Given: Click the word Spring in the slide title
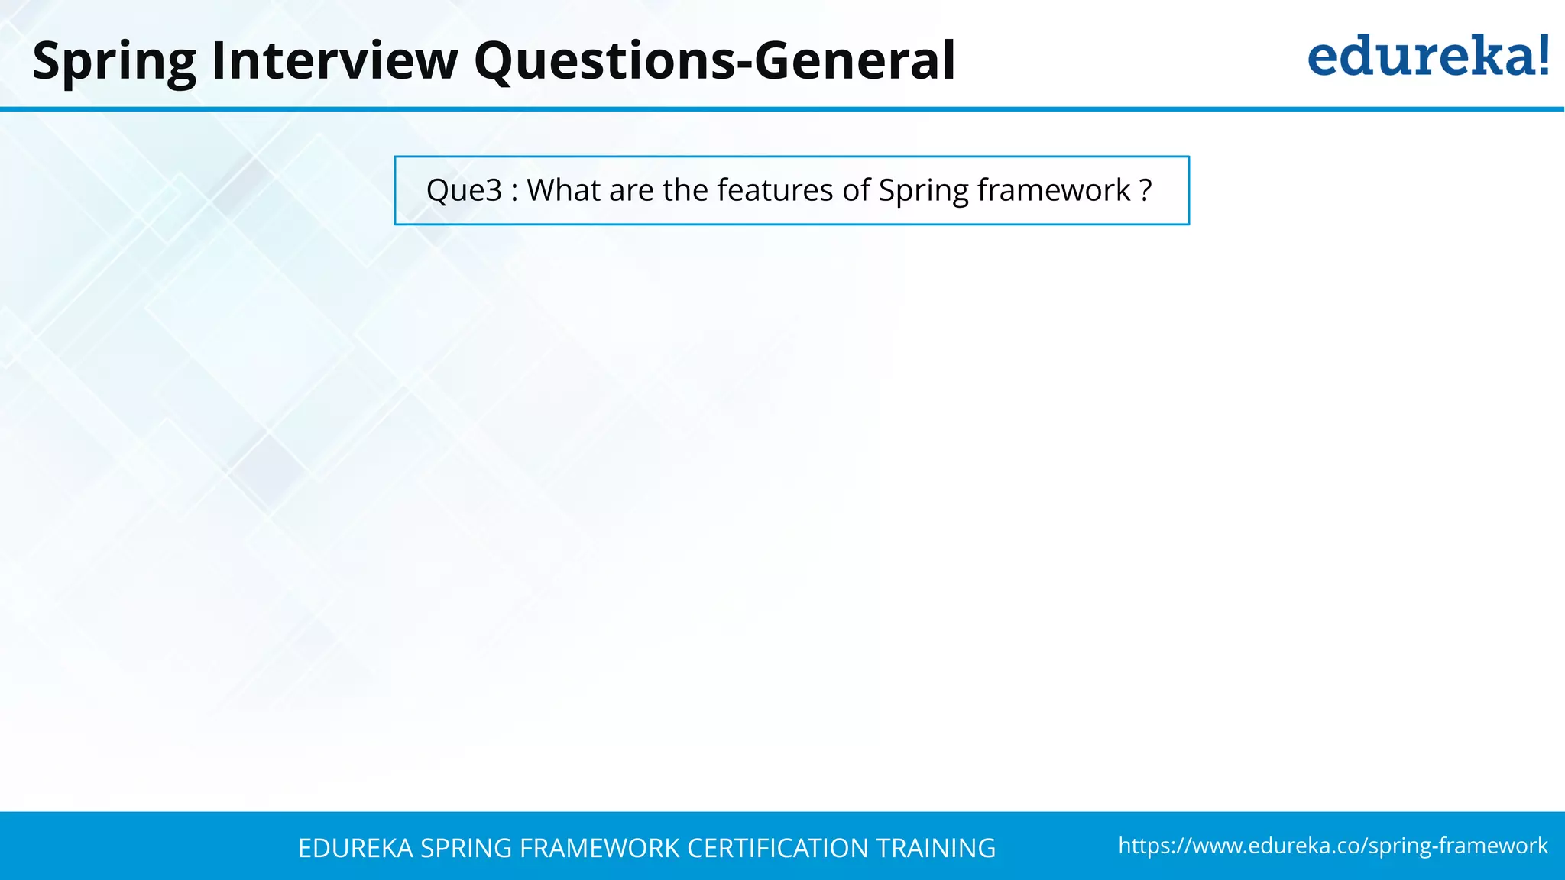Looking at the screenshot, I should tap(114, 61).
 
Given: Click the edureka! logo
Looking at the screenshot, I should tap(1427, 57).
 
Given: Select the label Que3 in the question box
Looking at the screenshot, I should tap(464, 190).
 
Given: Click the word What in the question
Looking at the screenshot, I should tap(562, 190).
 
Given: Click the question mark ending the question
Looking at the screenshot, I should tap(1145, 190).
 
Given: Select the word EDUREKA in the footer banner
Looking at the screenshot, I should tap(355, 848).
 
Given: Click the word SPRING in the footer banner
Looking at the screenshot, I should tap(466, 848).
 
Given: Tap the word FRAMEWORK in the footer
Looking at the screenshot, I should tap(599, 848).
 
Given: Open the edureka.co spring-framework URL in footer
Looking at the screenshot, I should tap(1333, 846).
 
